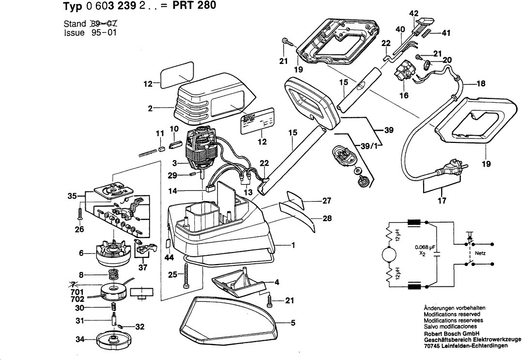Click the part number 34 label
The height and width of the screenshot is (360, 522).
tap(79, 339)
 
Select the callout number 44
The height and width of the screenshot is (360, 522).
tap(169, 258)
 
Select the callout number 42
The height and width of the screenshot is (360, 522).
tap(413, 13)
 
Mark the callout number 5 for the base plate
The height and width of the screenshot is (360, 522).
tap(292, 324)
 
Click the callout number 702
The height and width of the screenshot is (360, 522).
tap(77, 299)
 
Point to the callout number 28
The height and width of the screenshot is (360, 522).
tap(327, 218)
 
